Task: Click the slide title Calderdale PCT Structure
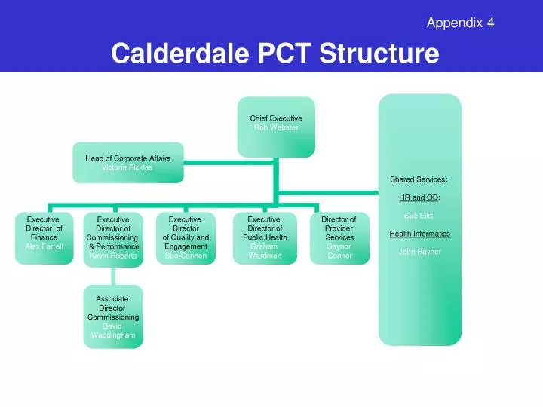tap(275, 54)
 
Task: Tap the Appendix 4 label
tap(460, 23)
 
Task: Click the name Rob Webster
tap(276, 128)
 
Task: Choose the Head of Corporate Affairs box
tap(127, 162)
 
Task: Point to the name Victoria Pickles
tap(127, 167)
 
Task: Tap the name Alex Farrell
tap(44, 246)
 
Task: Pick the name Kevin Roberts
tap(113, 256)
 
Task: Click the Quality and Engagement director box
tap(186, 237)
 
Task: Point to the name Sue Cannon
tap(186, 256)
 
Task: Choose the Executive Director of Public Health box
tap(265, 237)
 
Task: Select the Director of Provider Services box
tap(339, 237)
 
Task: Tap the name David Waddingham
tap(113, 330)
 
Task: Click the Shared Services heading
tap(419, 179)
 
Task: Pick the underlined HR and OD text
tap(419, 198)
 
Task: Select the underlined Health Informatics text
tap(419, 234)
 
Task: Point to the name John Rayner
tap(419, 252)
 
